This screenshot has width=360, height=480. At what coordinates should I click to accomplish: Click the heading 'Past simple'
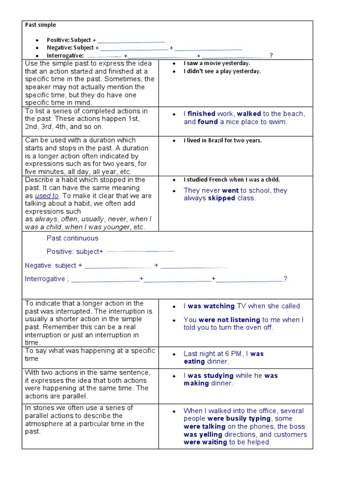point(40,25)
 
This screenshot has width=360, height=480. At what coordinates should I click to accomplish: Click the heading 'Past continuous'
point(73,238)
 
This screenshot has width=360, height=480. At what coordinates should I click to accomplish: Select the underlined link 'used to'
point(47,196)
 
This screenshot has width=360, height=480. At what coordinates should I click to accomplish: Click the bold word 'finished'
point(202,114)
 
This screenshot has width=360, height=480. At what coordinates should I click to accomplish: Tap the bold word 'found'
point(208,122)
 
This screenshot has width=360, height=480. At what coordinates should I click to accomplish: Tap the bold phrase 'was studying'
point(210,375)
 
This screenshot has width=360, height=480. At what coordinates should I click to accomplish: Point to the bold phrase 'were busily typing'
point(239,419)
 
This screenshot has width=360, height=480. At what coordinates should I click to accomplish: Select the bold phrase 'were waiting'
point(205,442)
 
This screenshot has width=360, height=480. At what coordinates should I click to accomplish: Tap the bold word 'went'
point(230,190)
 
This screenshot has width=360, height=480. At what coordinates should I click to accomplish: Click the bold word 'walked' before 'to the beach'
point(249,114)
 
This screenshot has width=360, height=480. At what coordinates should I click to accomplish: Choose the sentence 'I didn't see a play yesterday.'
point(222,71)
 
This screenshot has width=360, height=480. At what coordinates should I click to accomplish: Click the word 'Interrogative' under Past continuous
point(45,279)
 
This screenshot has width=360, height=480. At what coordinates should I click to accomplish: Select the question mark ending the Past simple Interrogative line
point(271,56)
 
